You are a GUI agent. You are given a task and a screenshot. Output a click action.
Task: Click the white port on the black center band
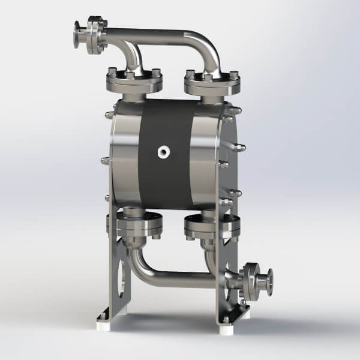(x=163, y=152)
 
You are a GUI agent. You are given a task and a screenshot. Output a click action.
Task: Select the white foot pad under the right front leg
(x=227, y=329)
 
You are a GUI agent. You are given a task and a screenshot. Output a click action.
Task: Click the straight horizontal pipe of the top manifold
(x=156, y=35)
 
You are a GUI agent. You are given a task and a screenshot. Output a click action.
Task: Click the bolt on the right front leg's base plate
(x=226, y=319)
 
